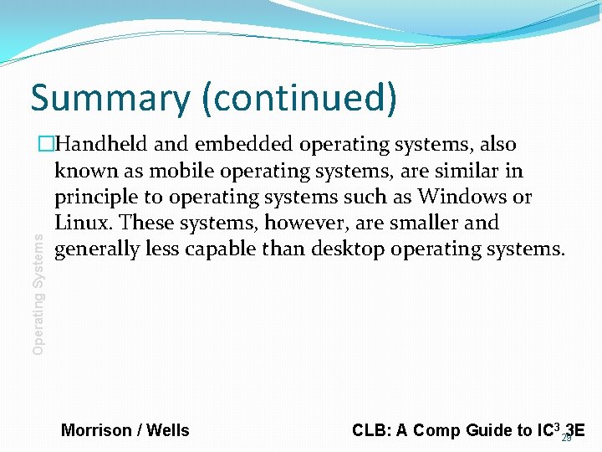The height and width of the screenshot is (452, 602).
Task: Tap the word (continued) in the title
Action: pyautogui.click(x=298, y=99)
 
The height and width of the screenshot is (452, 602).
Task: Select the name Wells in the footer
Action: pyautogui.click(x=168, y=431)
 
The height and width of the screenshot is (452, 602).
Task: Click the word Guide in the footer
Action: pyautogui.click(x=477, y=431)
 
